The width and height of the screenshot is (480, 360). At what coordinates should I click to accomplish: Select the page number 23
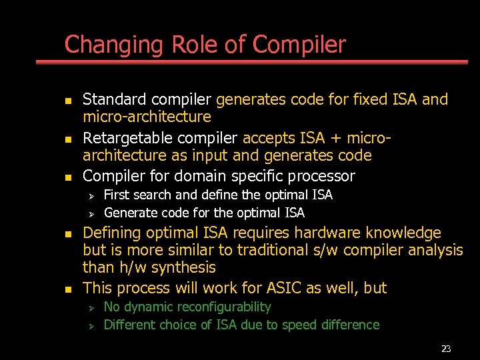[x=446, y=349]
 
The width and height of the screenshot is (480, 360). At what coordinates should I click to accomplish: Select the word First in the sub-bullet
[x=117, y=195]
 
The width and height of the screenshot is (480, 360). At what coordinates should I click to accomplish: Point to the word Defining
[x=109, y=233]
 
